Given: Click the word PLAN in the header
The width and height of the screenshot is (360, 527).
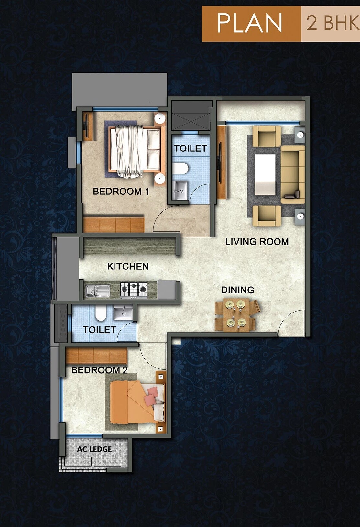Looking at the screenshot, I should point(249,23).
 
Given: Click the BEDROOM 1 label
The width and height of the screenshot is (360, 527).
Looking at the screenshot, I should point(121,192).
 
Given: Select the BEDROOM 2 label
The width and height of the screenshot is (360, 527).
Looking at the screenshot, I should point(99,370).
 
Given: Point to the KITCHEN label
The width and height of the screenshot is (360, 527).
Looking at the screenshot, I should point(128,267).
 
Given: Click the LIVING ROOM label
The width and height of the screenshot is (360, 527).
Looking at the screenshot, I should point(257,242).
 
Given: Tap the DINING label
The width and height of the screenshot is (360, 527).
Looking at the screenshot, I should point(237,290).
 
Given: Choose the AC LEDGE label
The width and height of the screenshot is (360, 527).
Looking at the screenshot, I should point(94,449).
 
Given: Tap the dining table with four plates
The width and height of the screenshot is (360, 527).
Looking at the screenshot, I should point(235,314).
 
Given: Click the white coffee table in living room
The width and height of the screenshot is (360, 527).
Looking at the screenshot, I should point(265,175).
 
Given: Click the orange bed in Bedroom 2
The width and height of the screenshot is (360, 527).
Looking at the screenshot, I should point(134,402).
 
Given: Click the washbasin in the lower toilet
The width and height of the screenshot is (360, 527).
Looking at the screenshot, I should point(123,313).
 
